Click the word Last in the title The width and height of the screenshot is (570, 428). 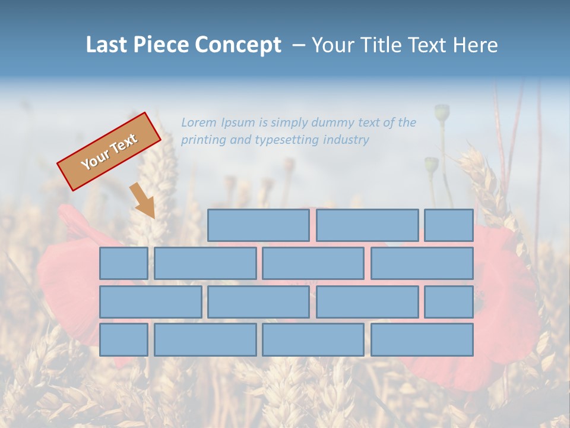[106, 45]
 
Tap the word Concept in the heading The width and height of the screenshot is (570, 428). [239, 45]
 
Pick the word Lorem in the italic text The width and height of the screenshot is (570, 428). [199, 122]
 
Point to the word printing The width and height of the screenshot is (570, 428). [202, 140]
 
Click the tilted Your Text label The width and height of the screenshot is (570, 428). [109, 152]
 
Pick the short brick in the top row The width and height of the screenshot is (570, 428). [448, 225]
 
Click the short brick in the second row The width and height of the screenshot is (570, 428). [123, 263]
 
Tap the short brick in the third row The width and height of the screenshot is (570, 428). [448, 302]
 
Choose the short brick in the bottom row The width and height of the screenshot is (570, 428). [123, 340]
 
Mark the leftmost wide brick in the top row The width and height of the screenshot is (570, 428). [258, 225]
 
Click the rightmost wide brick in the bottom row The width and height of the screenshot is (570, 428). [422, 340]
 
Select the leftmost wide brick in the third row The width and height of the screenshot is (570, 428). [150, 302]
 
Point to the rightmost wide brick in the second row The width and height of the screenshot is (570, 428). [422, 263]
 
